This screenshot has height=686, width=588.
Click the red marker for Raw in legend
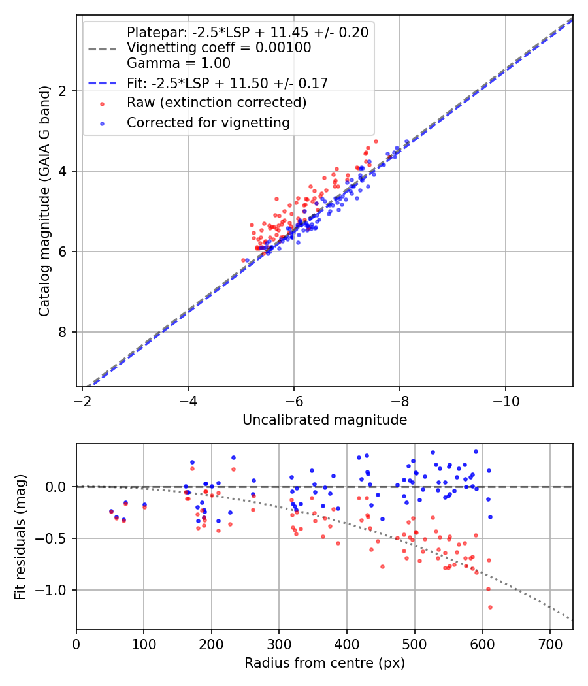tap(101, 103)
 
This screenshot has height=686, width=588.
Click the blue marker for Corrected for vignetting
tap(101, 123)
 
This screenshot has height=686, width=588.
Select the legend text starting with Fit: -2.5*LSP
tap(227, 83)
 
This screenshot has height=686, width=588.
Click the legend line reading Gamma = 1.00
tap(178, 63)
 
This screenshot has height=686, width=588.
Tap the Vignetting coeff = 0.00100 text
tap(219, 48)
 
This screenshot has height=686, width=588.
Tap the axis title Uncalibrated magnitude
tap(325, 420)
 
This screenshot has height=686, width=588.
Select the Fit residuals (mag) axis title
tap(20, 536)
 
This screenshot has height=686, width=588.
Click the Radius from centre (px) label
tap(325, 663)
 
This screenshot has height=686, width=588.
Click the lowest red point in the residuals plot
tap(490, 607)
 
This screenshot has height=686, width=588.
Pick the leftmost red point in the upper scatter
tap(243, 260)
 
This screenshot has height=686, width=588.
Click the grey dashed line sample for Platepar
tap(101, 48)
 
